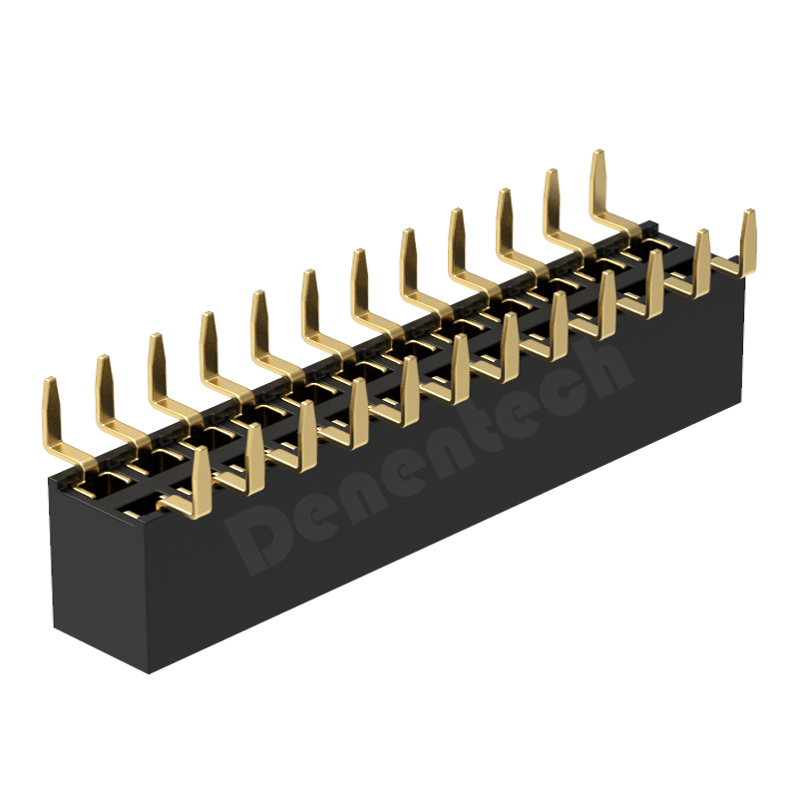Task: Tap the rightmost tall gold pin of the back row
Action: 600,189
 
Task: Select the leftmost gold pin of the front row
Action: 200,484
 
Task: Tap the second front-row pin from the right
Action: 701,264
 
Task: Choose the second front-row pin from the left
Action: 254,461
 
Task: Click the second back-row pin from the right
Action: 553,207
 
